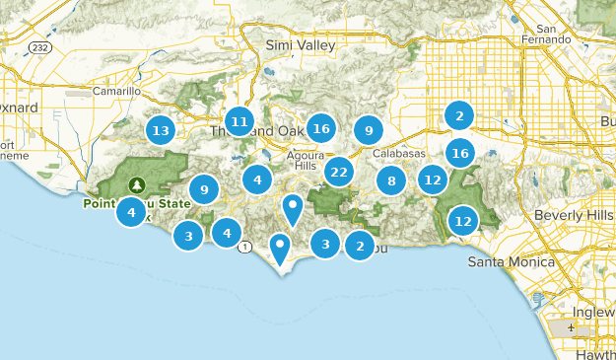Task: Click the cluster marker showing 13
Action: click(160, 130)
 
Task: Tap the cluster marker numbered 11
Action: click(239, 122)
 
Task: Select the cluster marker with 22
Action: click(339, 172)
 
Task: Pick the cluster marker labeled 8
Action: click(391, 180)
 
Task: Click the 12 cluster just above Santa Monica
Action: click(463, 220)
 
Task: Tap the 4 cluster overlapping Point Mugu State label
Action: click(131, 211)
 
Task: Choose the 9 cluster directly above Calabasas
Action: click(368, 129)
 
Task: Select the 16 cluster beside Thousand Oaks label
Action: click(319, 128)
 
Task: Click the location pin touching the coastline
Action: click(281, 250)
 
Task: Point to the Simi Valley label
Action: click(301, 45)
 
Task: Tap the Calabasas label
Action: click(399, 154)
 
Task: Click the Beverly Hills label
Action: click(573, 215)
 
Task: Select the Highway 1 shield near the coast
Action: click(244, 247)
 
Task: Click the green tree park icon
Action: click(136, 183)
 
